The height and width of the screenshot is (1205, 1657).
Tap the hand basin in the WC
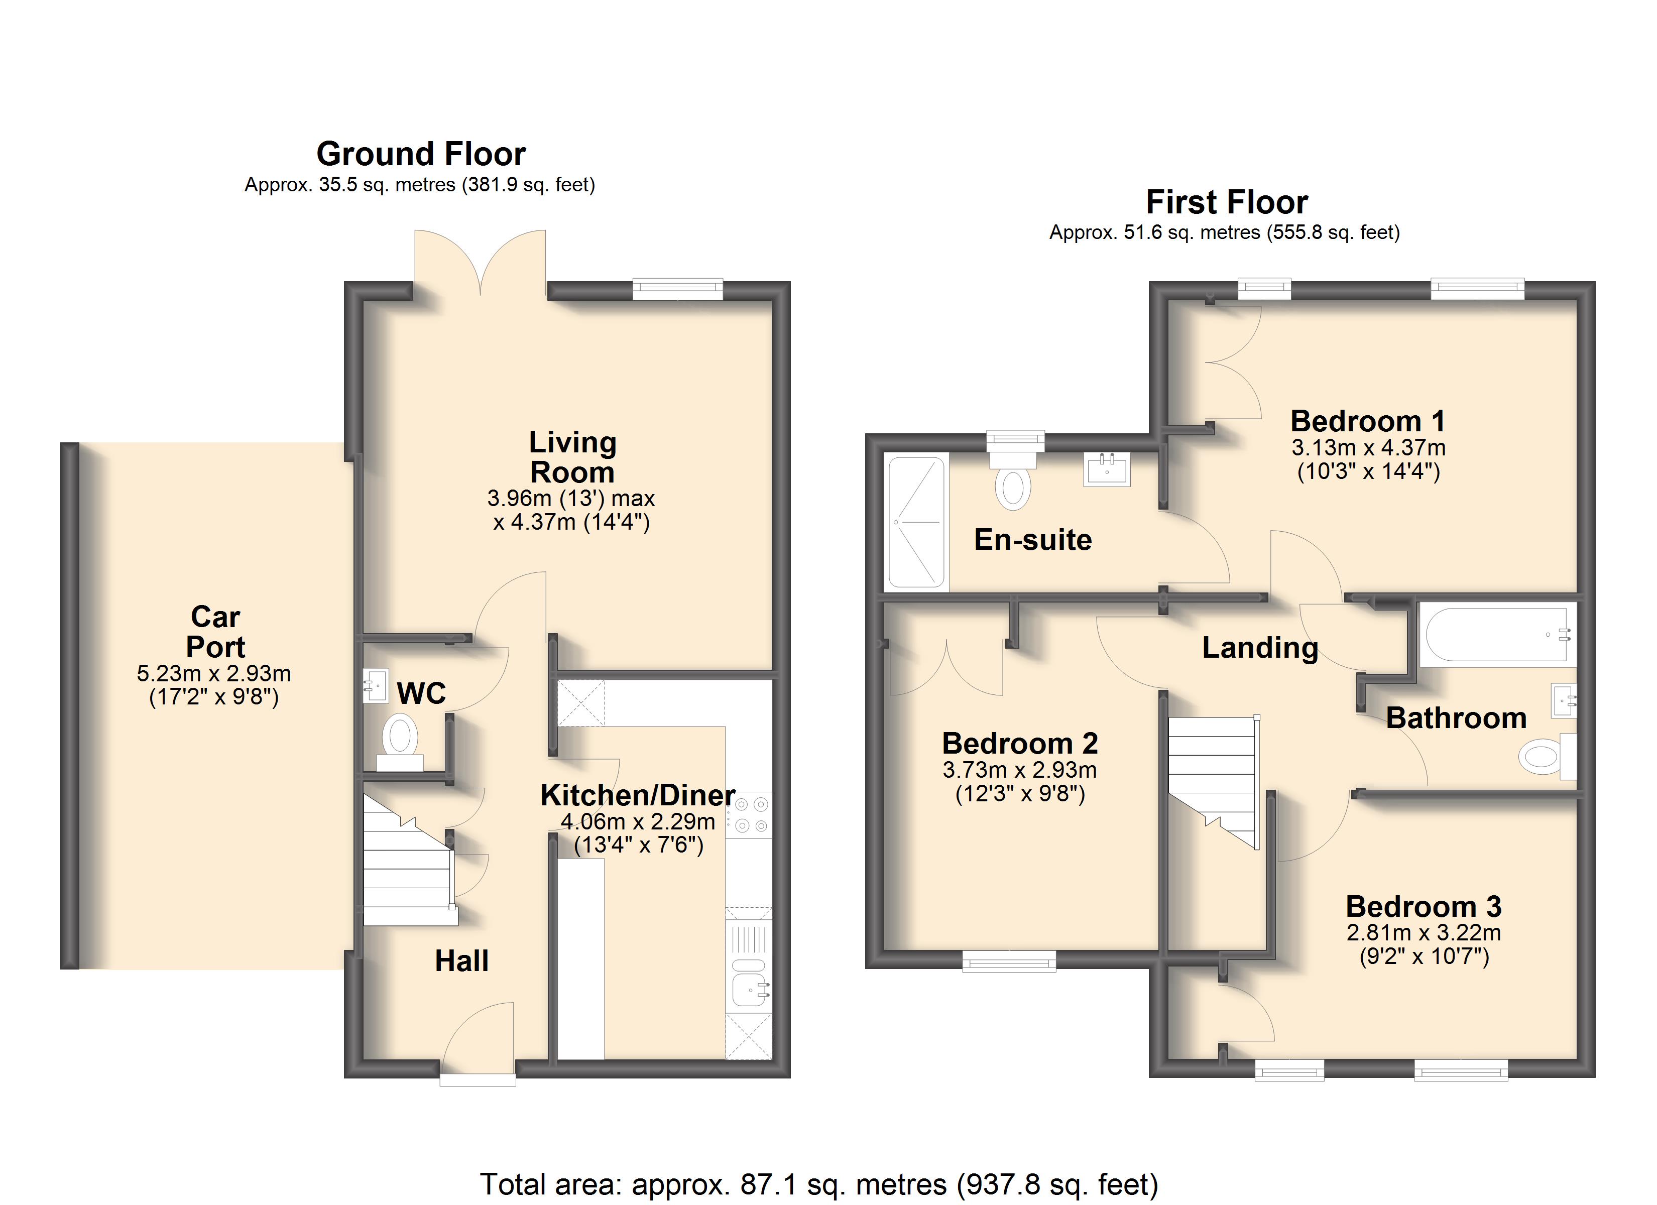click(376, 686)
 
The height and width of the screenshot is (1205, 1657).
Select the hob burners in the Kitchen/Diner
click(751, 815)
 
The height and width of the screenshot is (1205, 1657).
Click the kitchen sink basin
click(749, 990)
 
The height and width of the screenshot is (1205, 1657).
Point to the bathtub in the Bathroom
click(1498, 635)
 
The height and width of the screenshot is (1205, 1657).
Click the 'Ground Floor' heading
click(421, 154)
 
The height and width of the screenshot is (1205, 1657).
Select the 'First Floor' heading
click(1227, 202)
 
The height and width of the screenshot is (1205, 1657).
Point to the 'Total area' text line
click(819, 1184)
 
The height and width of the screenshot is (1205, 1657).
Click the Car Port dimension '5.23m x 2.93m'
click(214, 673)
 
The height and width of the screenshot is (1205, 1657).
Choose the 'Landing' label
click(1260, 648)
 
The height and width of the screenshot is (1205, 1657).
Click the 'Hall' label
click(462, 961)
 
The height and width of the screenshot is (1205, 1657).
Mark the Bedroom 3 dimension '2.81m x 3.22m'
click(1424, 932)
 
